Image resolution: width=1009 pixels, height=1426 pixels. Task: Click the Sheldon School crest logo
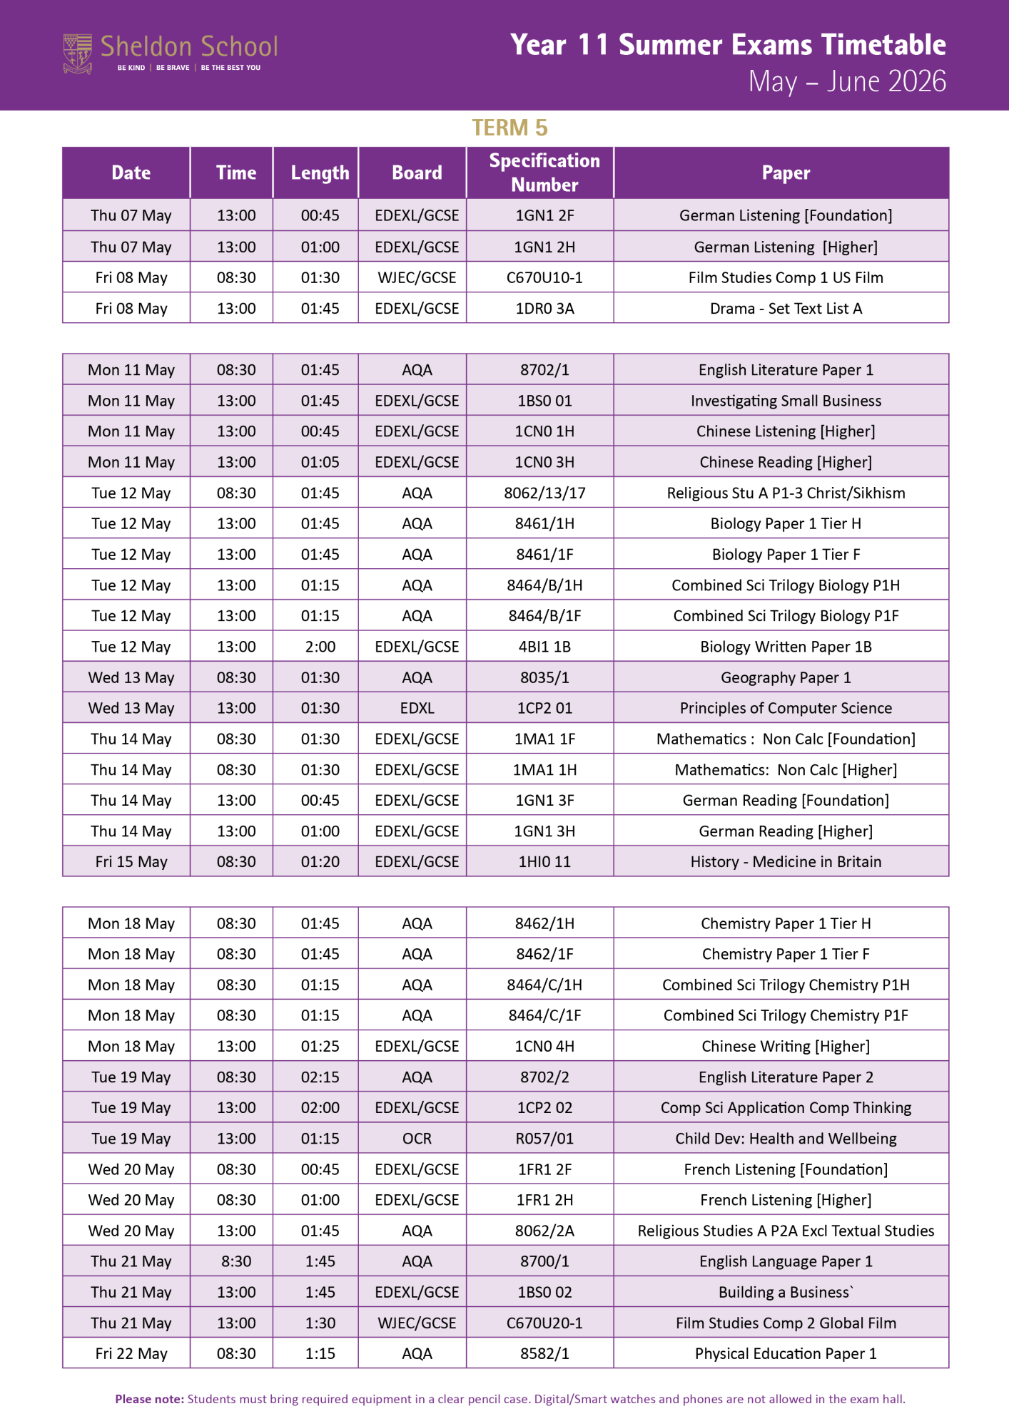click(x=78, y=53)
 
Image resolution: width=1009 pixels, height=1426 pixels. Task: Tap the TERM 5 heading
click(x=509, y=128)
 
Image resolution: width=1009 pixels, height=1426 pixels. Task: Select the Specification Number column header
click(x=544, y=173)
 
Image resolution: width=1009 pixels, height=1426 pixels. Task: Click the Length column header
click(x=320, y=173)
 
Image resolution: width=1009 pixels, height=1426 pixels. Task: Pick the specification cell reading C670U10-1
click(x=544, y=277)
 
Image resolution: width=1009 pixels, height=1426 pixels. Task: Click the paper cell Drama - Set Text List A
click(x=786, y=308)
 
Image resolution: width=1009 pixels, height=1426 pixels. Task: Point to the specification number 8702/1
click(x=544, y=369)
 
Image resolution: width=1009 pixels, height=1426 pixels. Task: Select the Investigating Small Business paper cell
click(x=786, y=401)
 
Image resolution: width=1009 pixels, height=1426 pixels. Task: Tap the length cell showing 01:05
click(x=320, y=462)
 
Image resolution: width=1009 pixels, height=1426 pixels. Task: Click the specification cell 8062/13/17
click(x=544, y=493)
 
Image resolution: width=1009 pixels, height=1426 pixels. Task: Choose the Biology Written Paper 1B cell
click(x=786, y=647)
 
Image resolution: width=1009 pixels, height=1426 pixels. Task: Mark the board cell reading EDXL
click(x=417, y=708)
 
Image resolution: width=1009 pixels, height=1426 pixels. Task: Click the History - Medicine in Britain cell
click(x=786, y=861)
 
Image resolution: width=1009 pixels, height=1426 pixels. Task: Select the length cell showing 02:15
click(x=320, y=1077)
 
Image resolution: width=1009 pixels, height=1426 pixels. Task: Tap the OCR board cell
click(x=417, y=1138)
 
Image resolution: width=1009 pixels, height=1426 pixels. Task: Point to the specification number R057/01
click(x=544, y=1138)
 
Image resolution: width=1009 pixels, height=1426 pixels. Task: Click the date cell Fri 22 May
click(x=131, y=1353)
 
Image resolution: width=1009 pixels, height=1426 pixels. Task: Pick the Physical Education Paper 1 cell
click(x=786, y=1353)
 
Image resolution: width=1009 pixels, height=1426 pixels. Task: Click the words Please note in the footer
click(x=149, y=1399)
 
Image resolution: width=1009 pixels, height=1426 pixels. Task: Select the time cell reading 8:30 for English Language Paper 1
click(x=236, y=1261)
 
